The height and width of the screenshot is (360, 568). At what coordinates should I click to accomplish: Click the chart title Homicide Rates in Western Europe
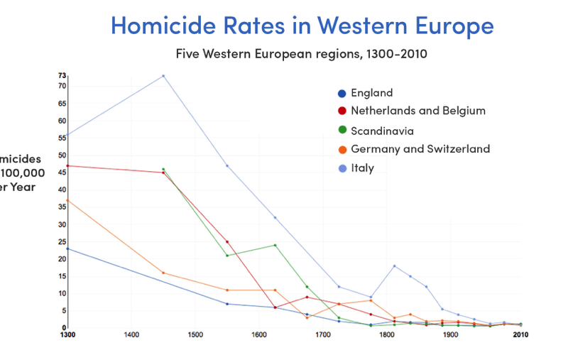pyautogui.click(x=302, y=26)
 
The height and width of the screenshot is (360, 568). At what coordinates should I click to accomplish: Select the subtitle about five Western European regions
pyautogui.click(x=302, y=53)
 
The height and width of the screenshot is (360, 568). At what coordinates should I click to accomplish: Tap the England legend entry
pyautogui.click(x=371, y=93)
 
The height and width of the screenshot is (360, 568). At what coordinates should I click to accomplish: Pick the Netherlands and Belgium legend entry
pyautogui.click(x=417, y=111)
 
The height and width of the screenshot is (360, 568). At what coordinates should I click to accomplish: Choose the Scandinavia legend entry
pyautogui.click(x=382, y=131)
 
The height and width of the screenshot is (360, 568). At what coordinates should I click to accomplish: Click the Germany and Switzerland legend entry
pyautogui.click(x=420, y=149)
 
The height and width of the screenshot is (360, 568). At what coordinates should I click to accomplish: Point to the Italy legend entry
pyautogui.click(x=362, y=168)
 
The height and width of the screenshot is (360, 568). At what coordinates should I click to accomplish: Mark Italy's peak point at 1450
pyautogui.click(x=163, y=76)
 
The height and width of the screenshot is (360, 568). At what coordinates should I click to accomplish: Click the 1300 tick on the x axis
pyautogui.click(x=68, y=334)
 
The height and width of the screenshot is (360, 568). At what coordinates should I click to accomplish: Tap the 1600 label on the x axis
pyautogui.click(x=259, y=334)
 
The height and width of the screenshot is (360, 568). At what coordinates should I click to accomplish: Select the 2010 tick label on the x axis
pyautogui.click(x=521, y=334)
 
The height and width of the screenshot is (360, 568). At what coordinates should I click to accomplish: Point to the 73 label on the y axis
pyautogui.click(x=62, y=75)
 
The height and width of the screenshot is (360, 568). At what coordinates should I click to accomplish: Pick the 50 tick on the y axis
pyautogui.click(x=62, y=156)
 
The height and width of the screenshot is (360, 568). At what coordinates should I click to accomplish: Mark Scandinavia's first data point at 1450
pyautogui.click(x=163, y=169)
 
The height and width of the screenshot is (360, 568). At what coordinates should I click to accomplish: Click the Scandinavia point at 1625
pyautogui.click(x=275, y=245)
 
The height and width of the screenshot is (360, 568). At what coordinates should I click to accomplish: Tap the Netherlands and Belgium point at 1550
pyautogui.click(x=227, y=241)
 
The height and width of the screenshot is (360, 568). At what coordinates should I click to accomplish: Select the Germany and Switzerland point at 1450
pyautogui.click(x=163, y=273)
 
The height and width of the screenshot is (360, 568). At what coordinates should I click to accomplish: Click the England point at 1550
pyautogui.click(x=227, y=304)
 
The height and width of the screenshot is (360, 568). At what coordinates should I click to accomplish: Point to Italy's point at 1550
pyautogui.click(x=227, y=165)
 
